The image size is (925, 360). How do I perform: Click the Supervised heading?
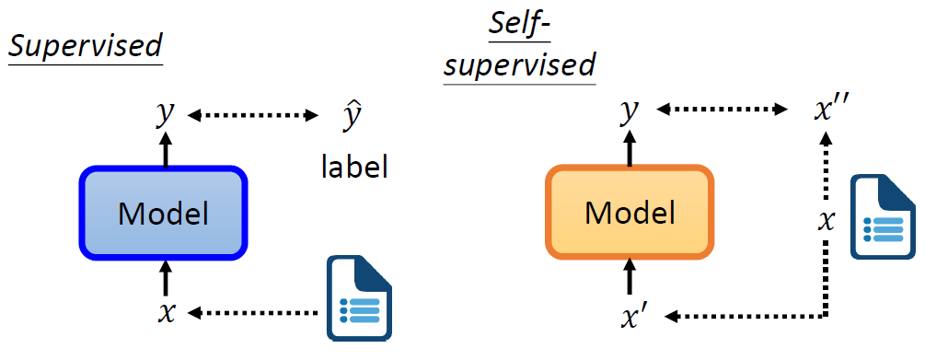(85, 46)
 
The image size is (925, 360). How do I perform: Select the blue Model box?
(165, 214)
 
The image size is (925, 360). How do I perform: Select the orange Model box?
(630, 213)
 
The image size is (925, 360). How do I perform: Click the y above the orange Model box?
(630, 111)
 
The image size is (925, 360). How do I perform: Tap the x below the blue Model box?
(166, 313)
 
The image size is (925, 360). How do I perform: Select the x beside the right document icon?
(827, 221)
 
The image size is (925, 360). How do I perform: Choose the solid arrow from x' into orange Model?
(630, 275)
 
